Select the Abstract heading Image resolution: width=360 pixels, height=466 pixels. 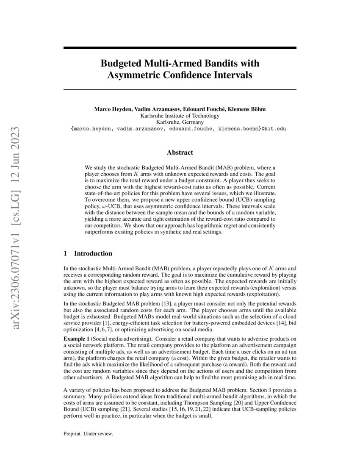click(x=180, y=153)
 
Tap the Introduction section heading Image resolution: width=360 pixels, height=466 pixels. click(x=93, y=254)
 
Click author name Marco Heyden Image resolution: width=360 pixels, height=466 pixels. click(x=112, y=109)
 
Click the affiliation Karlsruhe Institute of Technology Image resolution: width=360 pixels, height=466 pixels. click(x=180, y=115)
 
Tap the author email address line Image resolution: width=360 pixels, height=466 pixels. click(x=180, y=128)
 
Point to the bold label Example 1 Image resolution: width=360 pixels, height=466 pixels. click(x=76, y=340)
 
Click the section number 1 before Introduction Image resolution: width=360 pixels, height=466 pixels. click(x=65, y=254)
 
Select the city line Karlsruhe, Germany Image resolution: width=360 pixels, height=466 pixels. click(x=180, y=122)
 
